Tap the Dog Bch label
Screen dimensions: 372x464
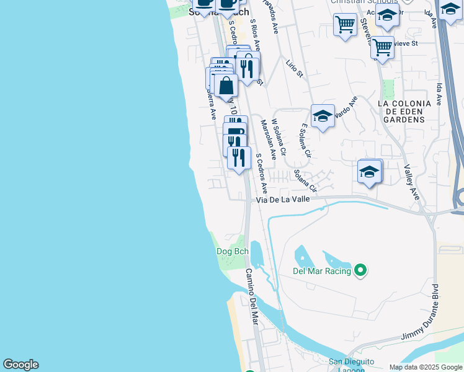coord(232,251)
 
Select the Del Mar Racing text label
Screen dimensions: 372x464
coord(321,271)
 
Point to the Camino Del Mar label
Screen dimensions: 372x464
coord(251,296)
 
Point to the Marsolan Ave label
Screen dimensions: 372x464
coord(268,140)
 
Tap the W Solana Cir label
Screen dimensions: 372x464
coord(279,138)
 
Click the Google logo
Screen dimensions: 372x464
coord(20,365)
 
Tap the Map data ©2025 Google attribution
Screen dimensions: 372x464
coord(425,367)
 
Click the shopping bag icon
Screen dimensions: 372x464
coord(226,86)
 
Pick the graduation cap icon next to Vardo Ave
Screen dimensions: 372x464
coord(323,117)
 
